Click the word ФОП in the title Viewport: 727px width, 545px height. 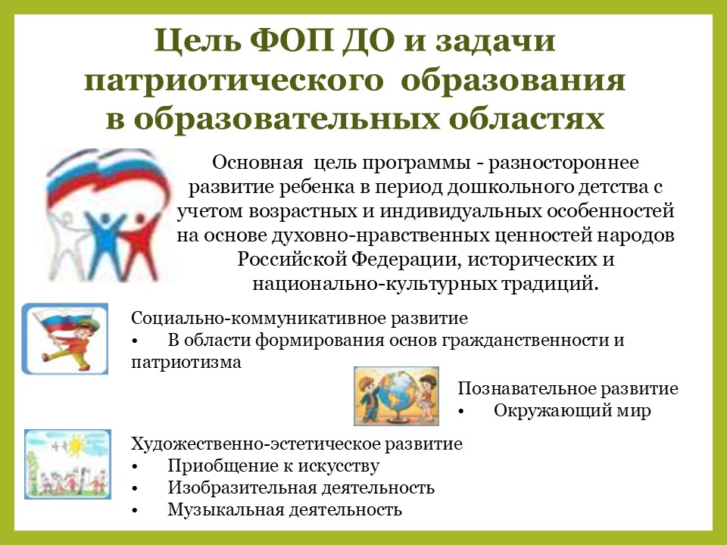(292, 40)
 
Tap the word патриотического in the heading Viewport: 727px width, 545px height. (234, 81)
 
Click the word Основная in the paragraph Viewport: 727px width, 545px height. (257, 163)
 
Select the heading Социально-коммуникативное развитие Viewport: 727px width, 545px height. (300, 319)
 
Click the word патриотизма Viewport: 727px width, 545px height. (186, 362)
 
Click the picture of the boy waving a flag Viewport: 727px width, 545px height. (65, 339)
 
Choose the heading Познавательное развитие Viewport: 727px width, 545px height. (568, 388)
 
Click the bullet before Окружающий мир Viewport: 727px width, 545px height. (461, 412)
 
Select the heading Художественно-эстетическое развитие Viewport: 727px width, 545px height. (297, 444)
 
